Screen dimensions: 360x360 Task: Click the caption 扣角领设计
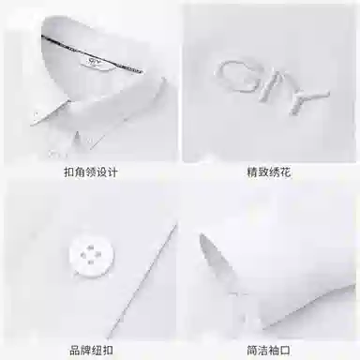(91, 172)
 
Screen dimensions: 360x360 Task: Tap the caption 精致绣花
(269, 172)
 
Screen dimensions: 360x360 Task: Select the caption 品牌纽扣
(91, 350)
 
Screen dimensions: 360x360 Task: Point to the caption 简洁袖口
(268, 350)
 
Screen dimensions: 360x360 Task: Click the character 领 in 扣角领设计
(91, 172)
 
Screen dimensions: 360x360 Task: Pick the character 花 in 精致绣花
(285, 172)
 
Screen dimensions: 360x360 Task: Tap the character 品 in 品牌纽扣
(74, 350)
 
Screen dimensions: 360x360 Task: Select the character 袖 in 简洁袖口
(274, 350)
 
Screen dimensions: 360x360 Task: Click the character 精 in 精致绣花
(252, 172)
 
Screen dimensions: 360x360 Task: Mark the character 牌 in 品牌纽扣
(85, 350)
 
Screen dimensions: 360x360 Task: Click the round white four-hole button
(91, 256)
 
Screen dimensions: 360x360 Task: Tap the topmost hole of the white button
(91, 248)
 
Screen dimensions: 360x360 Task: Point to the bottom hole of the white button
(91, 262)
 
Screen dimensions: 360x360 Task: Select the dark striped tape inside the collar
(92, 54)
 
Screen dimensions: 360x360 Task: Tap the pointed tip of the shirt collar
(31, 125)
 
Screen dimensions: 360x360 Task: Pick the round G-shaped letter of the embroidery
(232, 77)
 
